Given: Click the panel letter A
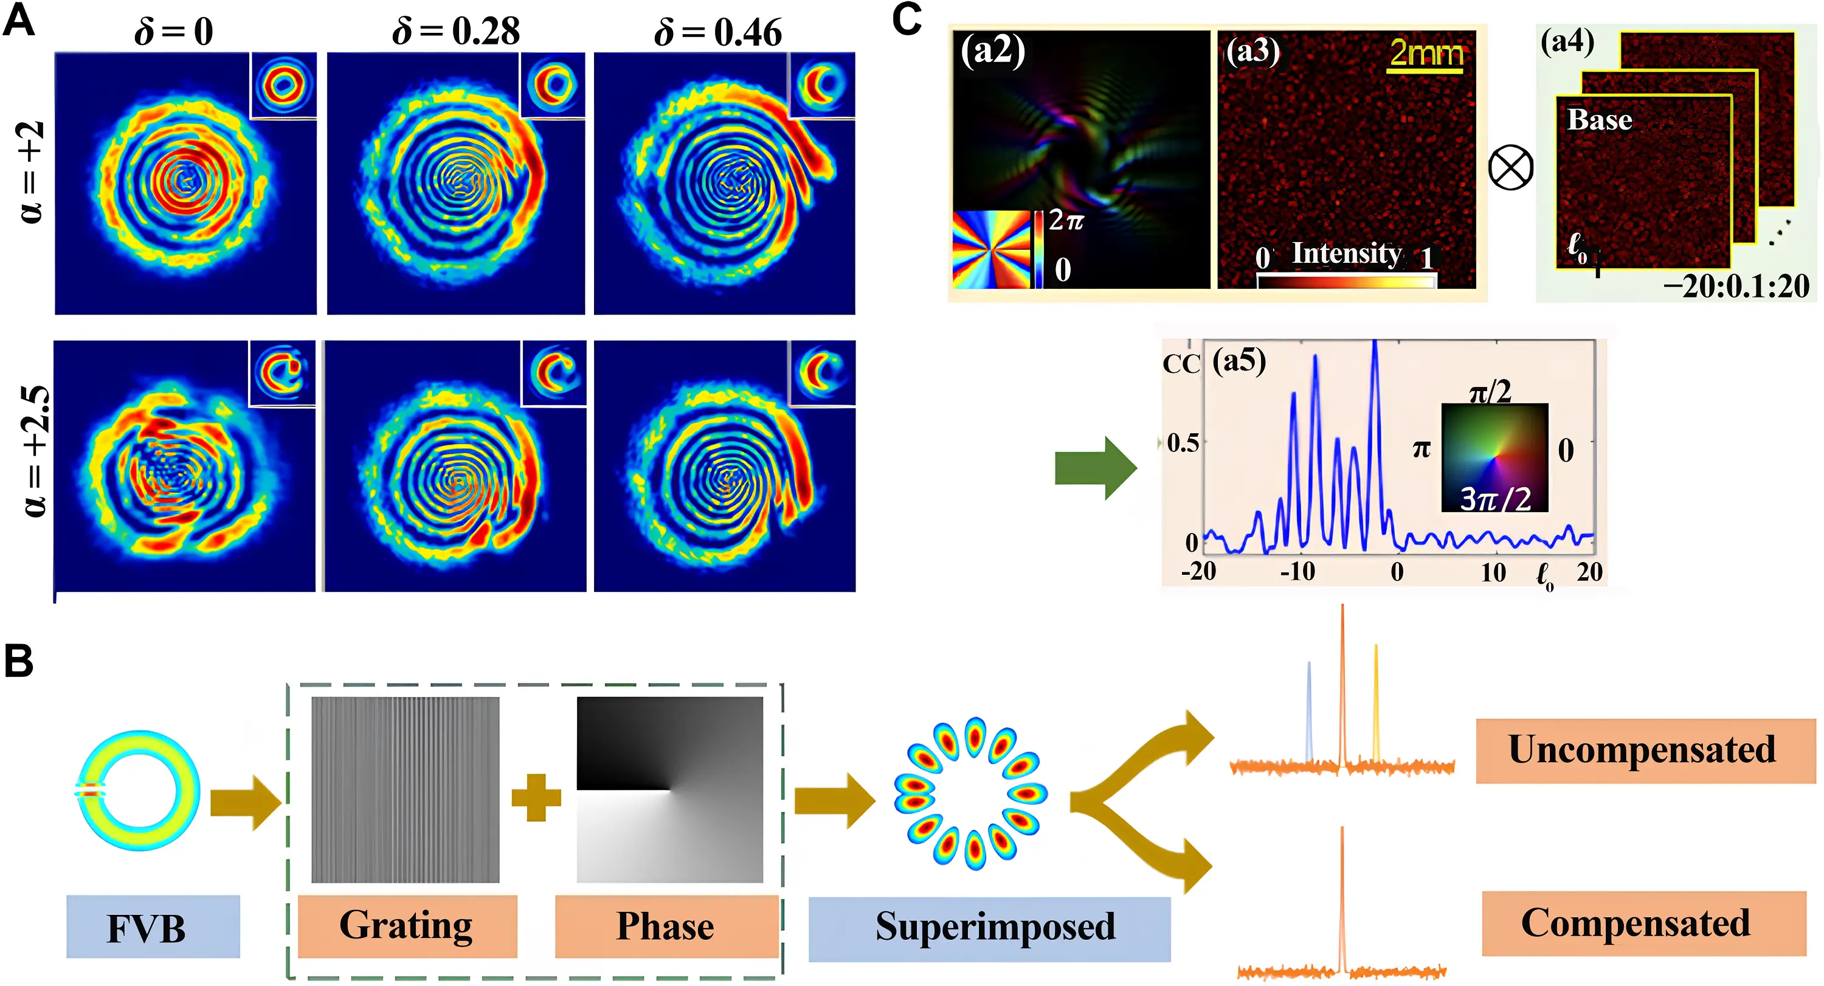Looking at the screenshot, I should [x=18, y=21].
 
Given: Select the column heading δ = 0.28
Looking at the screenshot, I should [x=456, y=32].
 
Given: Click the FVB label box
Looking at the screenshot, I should [x=153, y=927].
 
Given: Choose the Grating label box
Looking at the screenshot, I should [x=407, y=926].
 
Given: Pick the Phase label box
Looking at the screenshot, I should [x=666, y=926].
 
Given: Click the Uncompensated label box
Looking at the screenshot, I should [x=1645, y=750].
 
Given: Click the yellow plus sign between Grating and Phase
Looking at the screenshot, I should [x=536, y=797].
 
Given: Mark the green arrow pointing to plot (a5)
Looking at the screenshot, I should [x=1094, y=468].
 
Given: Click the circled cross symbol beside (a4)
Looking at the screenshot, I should [x=1510, y=168].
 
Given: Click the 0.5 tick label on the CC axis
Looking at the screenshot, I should [x=1183, y=443].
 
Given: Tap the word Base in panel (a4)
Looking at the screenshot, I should [x=1599, y=120].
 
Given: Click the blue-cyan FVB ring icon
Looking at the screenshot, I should [x=138, y=790].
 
